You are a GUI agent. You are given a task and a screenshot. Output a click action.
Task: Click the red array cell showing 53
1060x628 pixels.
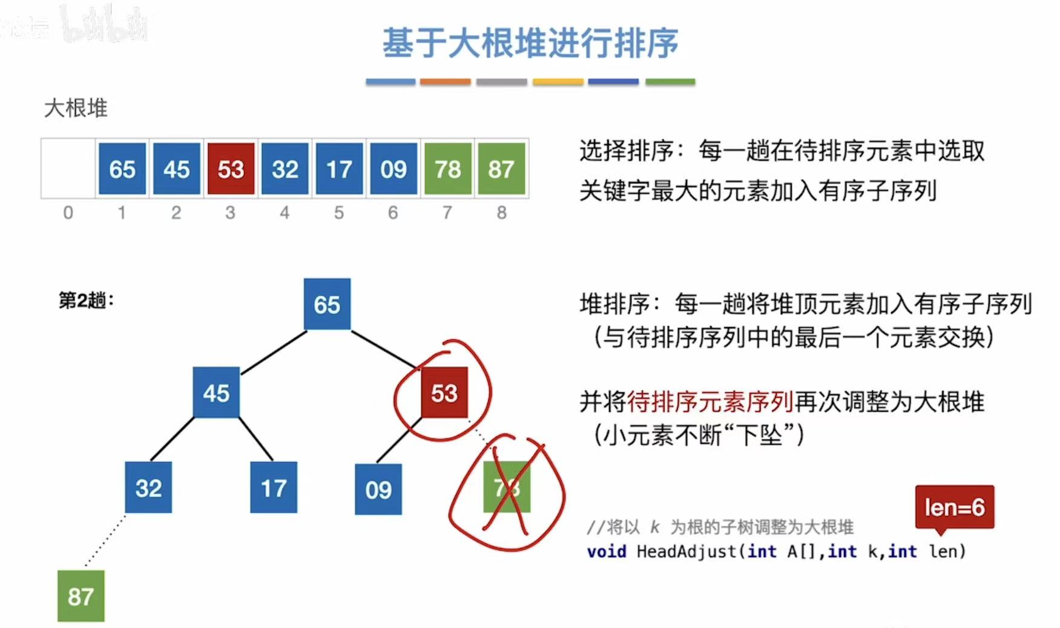click(x=231, y=169)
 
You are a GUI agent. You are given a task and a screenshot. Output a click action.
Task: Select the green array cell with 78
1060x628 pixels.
click(x=447, y=169)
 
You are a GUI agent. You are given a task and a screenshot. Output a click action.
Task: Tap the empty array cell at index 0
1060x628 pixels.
click(x=68, y=169)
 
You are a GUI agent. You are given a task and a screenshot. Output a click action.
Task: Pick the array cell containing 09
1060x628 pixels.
click(x=393, y=169)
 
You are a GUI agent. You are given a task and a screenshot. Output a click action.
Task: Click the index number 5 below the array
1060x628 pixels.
click(x=339, y=213)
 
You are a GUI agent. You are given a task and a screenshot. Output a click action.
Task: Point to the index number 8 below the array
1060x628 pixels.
click(x=501, y=213)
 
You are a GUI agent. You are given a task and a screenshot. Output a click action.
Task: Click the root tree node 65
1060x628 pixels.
click(x=327, y=304)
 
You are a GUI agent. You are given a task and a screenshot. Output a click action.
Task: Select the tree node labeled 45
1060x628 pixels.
click(x=216, y=393)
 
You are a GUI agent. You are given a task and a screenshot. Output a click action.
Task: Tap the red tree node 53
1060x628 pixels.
click(x=444, y=393)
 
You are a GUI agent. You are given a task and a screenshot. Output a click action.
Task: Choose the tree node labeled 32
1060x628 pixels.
click(x=148, y=488)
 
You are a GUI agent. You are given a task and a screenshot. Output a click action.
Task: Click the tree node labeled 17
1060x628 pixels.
click(x=274, y=488)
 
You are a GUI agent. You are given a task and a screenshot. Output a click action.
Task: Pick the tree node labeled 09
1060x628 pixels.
click(x=378, y=489)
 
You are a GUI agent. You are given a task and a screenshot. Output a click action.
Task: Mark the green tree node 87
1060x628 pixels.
click(x=81, y=596)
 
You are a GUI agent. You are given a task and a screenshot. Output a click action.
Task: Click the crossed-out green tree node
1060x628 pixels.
click(x=507, y=487)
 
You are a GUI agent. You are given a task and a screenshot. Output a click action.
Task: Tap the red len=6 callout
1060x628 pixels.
click(x=954, y=507)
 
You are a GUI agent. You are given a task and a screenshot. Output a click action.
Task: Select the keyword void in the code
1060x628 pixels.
click(x=606, y=552)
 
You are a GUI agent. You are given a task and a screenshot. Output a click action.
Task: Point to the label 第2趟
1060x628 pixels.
click(x=85, y=300)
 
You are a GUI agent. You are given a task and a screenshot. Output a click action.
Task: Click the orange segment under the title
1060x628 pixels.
click(x=445, y=82)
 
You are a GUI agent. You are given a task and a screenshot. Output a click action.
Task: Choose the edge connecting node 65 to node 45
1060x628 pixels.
click(x=274, y=352)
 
